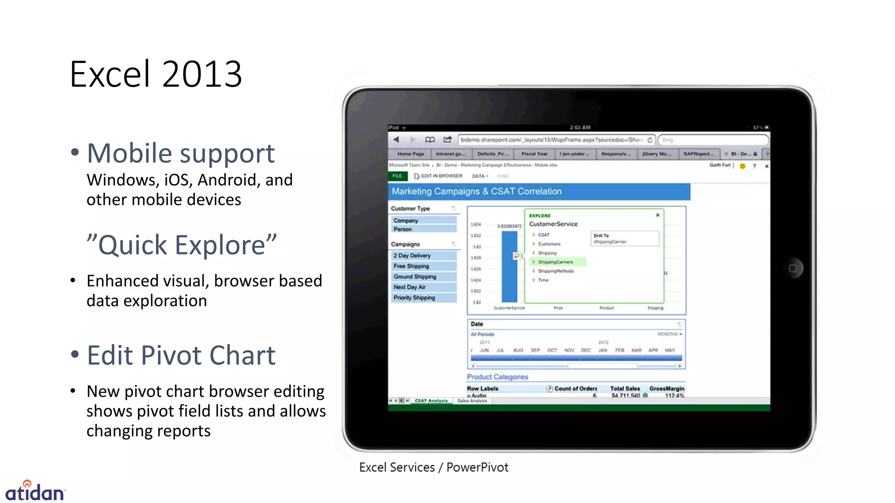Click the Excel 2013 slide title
(156, 74)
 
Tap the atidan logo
(35, 492)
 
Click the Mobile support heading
(180, 153)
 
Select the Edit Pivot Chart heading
(181, 355)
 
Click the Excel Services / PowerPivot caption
(434, 467)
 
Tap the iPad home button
(793, 269)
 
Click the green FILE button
(397, 176)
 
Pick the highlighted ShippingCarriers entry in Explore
(555, 262)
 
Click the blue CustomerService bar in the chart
(509, 266)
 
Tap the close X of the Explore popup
(657, 215)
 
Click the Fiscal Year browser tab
(534, 154)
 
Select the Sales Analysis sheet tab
(472, 401)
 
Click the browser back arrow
(396, 140)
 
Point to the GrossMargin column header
(666, 389)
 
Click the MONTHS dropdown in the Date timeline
(670, 334)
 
